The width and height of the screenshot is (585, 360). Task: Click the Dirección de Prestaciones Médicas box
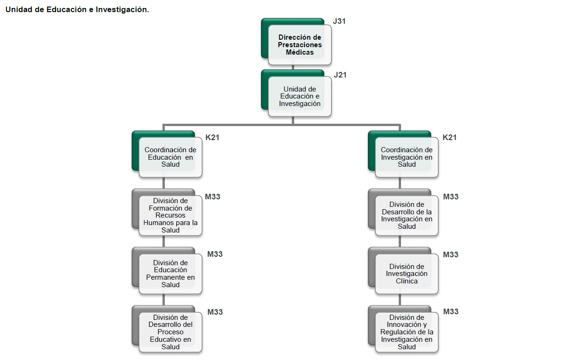pyautogui.click(x=299, y=45)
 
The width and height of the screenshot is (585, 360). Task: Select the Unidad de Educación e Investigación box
pyautogui.click(x=299, y=96)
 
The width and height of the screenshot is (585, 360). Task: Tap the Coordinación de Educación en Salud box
pyautogui.click(x=170, y=157)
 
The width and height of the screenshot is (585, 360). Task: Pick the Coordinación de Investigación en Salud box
pyautogui.click(x=407, y=157)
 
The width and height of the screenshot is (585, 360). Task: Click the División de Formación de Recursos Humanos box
pyautogui.click(x=170, y=215)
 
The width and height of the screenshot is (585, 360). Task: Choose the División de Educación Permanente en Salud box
pyautogui.click(x=170, y=274)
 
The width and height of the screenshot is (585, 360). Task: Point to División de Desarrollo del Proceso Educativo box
pyautogui.click(x=170, y=332)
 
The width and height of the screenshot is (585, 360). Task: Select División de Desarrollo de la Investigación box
pyautogui.click(x=407, y=215)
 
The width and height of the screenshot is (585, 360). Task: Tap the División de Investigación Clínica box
pyautogui.click(x=407, y=274)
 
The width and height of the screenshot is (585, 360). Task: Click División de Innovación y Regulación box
pyautogui.click(x=407, y=332)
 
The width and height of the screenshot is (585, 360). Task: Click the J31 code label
pyautogui.click(x=339, y=21)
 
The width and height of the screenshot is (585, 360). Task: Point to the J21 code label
pyautogui.click(x=340, y=75)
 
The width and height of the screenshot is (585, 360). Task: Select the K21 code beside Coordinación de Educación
pyautogui.click(x=212, y=137)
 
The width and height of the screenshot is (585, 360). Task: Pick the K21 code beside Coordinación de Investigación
pyautogui.click(x=450, y=137)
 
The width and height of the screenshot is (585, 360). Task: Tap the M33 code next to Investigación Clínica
pyautogui.click(x=451, y=254)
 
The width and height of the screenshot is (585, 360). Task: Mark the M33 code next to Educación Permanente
pyautogui.click(x=215, y=254)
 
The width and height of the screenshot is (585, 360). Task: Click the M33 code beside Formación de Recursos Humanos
pyautogui.click(x=212, y=197)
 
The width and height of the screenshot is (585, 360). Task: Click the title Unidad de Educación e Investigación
pyautogui.click(x=77, y=10)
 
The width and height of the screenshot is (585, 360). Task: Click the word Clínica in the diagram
pyautogui.click(x=407, y=281)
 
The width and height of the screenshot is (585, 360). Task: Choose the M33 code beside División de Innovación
pyautogui.click(x=451, y=311)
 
